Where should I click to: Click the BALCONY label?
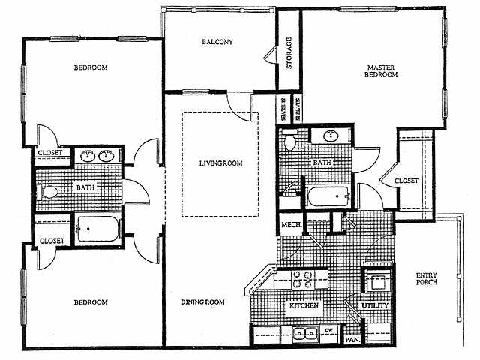tap(217, 42)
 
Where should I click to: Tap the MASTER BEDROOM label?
tap(381, 70)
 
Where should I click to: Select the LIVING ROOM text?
tap(221, 163)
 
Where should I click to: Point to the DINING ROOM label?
tap(202, 302)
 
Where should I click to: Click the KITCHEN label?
tap(304, 305)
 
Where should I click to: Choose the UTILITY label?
tap(375, 305)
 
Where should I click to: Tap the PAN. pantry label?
tap(352, 340)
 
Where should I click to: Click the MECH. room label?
tap(292, 225)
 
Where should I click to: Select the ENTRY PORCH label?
tap(427, 278)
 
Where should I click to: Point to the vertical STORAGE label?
tap(289, 53)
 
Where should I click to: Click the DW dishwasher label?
tap(328, 330)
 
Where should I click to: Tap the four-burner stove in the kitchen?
tap(303, 280)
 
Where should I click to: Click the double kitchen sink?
tap(305, 334)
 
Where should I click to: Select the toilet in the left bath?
tap(47, 192)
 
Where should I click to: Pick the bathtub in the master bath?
tap(328, 196)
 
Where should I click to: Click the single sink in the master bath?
tap(331, 136)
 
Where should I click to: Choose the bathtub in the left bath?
tap(97, 229)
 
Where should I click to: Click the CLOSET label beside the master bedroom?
tap(406, 181)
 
